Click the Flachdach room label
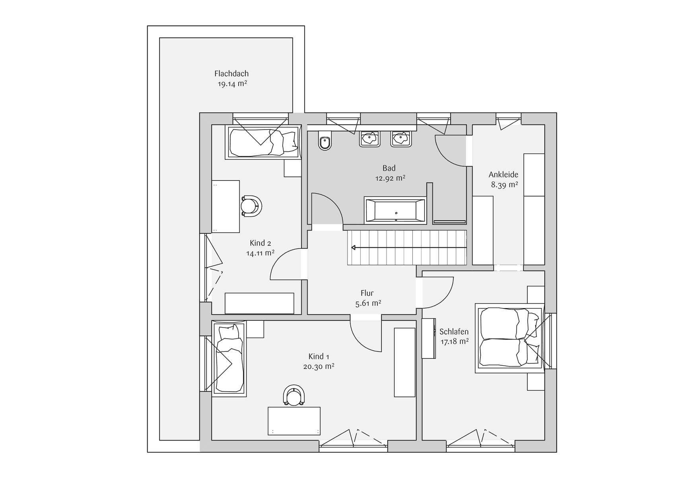(x=231, y=74)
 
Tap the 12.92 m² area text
(x=390, y=178)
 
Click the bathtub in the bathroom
(x=395, y=209)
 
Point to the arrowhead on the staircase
(x=354, y=248)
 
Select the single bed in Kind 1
(x=229, y=358)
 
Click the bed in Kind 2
(x=263, y=142)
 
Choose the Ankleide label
(x=503, y=175)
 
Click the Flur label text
(x=367, y=293)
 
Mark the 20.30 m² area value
(x=319, y=367)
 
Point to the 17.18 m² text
(x=454, y=341)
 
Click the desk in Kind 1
(x=294, y=421)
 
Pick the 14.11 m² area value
(x=260, y=253)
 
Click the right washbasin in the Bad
(x=400, y=139)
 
